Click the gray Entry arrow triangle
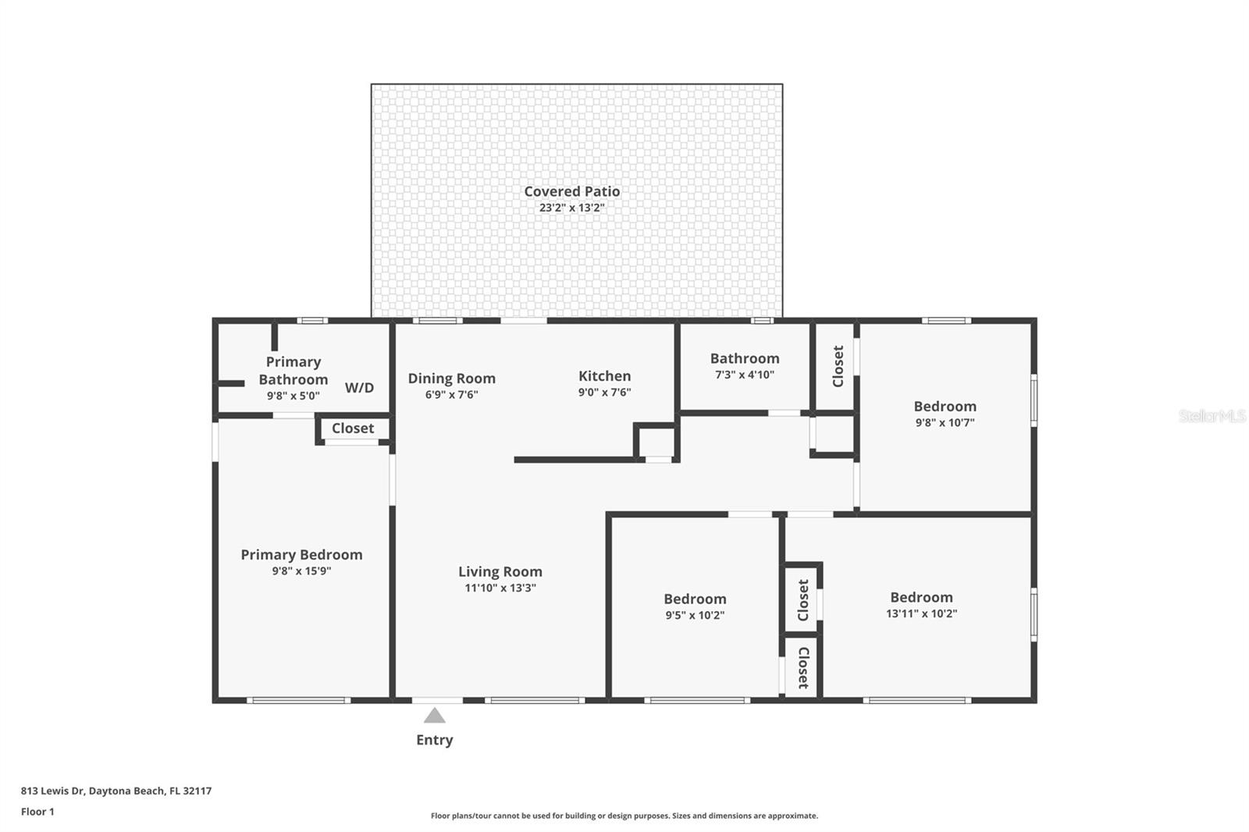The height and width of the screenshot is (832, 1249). (434, 716)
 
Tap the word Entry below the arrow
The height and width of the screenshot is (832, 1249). (434, 740)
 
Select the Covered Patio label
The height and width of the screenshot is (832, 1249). (571, 191)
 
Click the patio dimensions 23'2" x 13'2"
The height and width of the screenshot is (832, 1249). (571, 208)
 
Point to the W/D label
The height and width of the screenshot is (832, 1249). (359, 387)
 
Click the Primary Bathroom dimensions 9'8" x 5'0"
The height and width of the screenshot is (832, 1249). (293, 396)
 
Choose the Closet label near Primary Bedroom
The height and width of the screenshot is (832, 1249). (352, 428)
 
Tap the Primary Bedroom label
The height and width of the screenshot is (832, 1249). (301, 554)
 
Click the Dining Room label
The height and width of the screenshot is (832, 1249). (451, 379)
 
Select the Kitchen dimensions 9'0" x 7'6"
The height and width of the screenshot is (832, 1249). (604, 393)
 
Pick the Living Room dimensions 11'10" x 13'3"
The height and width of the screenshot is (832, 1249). (500, 588)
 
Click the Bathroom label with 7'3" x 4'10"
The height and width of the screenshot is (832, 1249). (744, 358)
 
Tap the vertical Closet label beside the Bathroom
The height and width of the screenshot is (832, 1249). (838, 366)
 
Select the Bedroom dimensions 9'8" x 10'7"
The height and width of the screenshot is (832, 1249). (945, 423)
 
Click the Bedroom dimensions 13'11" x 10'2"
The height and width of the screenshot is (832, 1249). (921, 614)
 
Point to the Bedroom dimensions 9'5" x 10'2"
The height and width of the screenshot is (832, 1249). (695, 615)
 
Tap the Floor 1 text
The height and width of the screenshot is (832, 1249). (37, 812)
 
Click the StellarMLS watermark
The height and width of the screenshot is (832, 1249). (1212, 416)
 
